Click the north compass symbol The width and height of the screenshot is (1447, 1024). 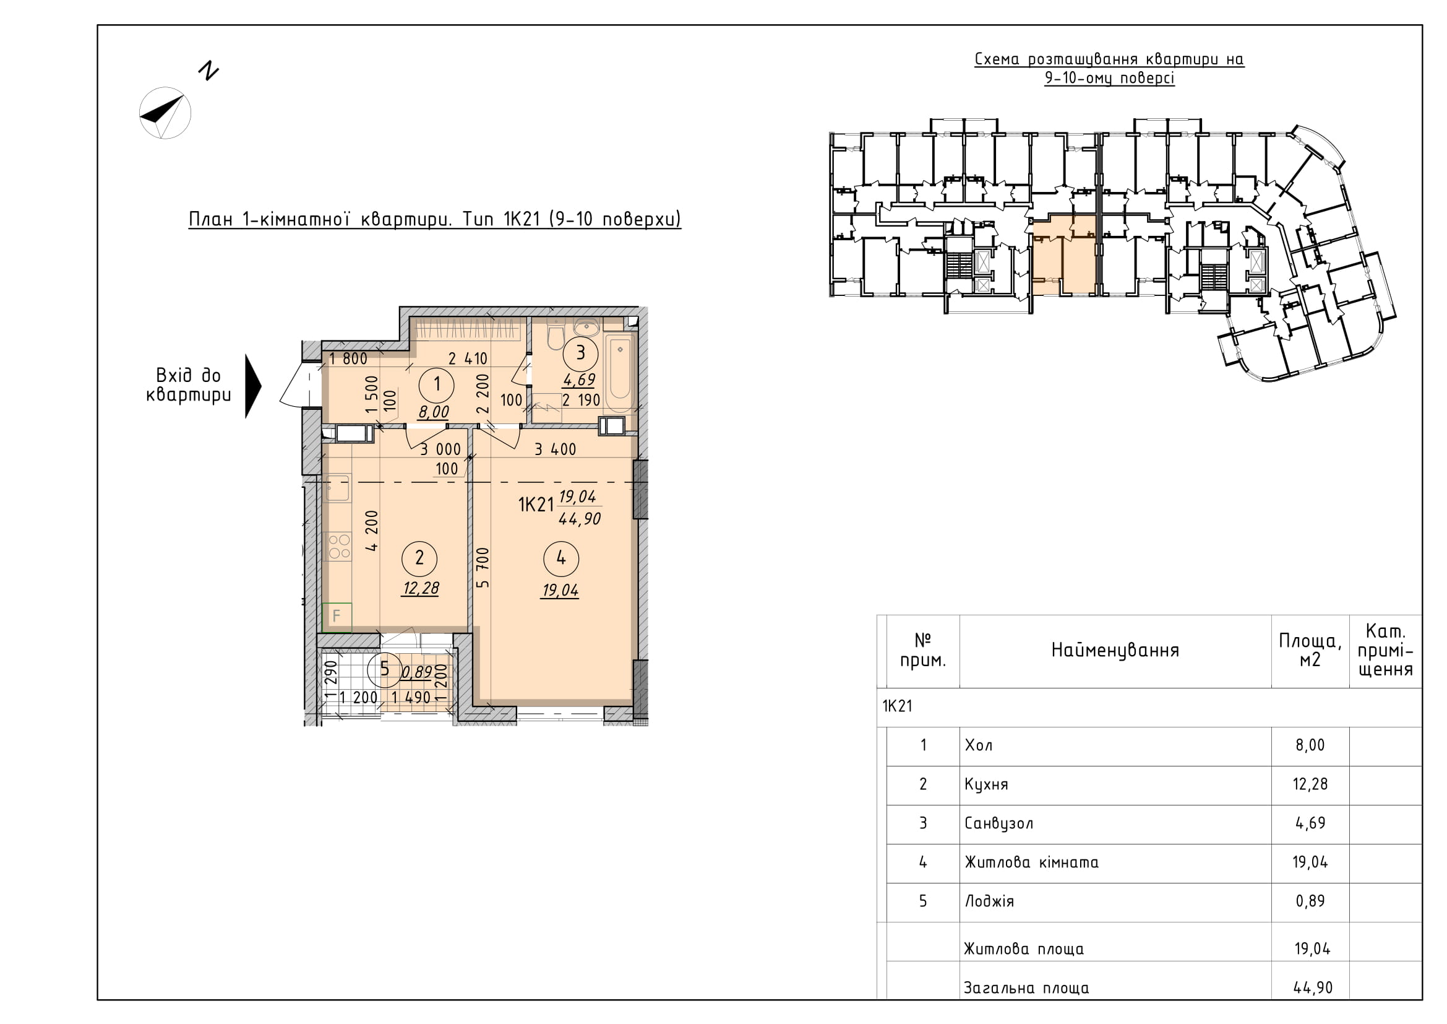pyautogui.click(x=165, y=113)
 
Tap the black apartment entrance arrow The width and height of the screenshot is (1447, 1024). pyautogui.click(x=253, y=386)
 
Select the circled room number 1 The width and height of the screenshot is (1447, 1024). pyautogui.click(x=437, y=383)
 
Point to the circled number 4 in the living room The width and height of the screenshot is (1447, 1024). pyautogui.click(x=561, y=558)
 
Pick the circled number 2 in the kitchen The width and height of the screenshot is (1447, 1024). pyautogui.click(x=419, y=558)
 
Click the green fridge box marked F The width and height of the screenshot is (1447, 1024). pyautogui.click(x=337, y=617)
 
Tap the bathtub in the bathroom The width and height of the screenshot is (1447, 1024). pyautogui.click(x=620, y=373)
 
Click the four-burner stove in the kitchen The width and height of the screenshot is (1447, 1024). pyautogui.click(x=338, y=546)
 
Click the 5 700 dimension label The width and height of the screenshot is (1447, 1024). pyautogui.click(x=483, y=568)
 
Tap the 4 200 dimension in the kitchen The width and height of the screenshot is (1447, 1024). pyautogui.click(x=372, y=531)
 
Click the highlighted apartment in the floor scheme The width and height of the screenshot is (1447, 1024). pyautogui.click(x=1063, y=255)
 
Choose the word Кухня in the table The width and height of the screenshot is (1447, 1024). pyautogui.click(x=986, y=784)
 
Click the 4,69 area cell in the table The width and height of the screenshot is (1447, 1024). pyautogui.click(x=1310, y=823)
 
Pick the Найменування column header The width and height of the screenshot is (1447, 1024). pyautogui.click(x=1115, y=650)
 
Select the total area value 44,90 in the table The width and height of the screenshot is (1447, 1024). pyautogui.click(x=1313, y=987)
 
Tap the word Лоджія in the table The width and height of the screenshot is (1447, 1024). pyautogui.click(x=989, y=901)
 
